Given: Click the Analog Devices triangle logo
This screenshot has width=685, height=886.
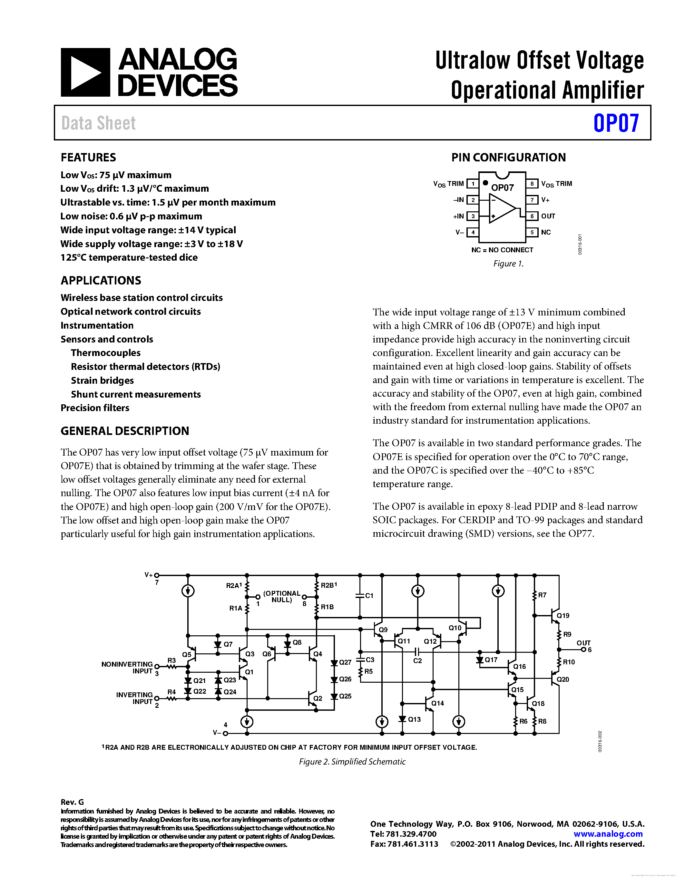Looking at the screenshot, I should click(x=85, y=72).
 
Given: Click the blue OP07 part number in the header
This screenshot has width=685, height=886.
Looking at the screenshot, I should click(x=616, y=123).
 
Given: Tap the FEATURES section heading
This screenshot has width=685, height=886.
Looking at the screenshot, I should click(x=88, y=158).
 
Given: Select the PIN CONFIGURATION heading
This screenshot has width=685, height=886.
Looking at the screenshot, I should click(x=508, y=158).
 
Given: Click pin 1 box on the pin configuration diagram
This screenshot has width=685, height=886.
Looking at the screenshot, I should click(x=472, y=184).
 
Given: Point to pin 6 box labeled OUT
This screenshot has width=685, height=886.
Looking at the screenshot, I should click(x=532, y=216).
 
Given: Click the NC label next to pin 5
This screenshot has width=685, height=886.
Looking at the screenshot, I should click(x=546, y=232).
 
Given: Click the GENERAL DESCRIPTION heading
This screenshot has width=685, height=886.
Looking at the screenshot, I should click(x=124, y=431).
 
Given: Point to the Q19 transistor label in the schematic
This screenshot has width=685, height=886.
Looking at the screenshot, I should click(x=563, y=615).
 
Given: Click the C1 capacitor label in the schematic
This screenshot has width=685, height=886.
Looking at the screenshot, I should click(x=369, y=595).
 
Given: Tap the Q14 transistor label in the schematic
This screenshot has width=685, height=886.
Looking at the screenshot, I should click(x=437, y=703).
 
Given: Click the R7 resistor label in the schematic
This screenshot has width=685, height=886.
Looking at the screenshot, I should click(x=542, y=595).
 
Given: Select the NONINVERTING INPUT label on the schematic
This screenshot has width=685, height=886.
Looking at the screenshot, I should click(x=127, y=667).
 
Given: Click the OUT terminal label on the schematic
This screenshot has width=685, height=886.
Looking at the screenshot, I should click(x=583, y=643).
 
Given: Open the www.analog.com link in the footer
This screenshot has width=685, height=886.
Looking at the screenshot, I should click(x=608, y=834).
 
